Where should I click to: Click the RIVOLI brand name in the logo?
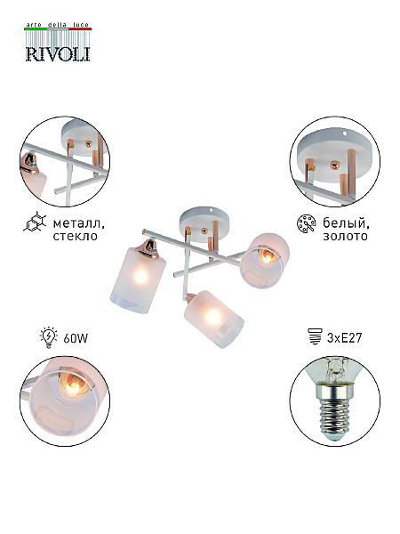click(58, 53)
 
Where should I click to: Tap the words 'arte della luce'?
click(58, 25)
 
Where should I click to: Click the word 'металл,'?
click(78, 223)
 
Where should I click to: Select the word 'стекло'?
click(76, 236)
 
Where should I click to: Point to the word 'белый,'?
click(346, 223)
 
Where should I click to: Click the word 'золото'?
click(345, 236)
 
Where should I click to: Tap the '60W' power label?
click(76, 338)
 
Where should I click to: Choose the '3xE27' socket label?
click(344, 338)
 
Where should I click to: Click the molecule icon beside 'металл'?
click(36, 222)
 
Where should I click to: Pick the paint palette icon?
click(306, 223)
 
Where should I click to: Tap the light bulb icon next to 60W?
click(48, 338)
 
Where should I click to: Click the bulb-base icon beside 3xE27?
click(315, 336)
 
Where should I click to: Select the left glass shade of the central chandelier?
click(138, 280)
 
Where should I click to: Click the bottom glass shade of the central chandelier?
click(213, 320)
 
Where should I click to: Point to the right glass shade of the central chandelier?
click(265, 261)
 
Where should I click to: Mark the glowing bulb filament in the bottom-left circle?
click(72, 385)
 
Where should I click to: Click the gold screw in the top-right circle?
click(335, 166)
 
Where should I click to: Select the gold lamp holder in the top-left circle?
click(30, 163)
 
